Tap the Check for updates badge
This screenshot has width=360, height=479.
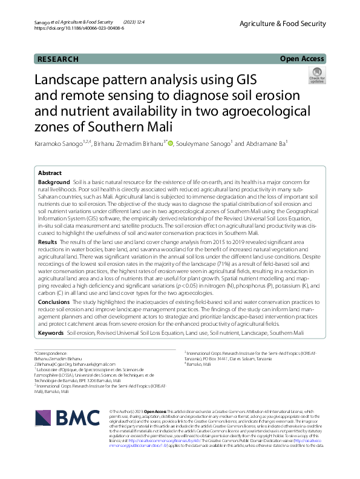click(316, 75)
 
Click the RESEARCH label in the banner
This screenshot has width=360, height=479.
click(58, 59)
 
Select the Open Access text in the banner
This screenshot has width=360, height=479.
click(302, 59)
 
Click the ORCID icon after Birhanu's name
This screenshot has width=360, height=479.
click(171, 144)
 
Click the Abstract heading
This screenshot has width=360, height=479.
click(50, 173)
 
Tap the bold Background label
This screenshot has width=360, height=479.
click(54, 182)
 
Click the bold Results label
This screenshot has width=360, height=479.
click(48, 242)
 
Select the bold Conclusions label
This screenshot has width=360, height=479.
click(54, 301)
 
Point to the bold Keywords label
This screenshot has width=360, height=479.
click(51, 333)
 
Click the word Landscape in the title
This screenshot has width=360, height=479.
click(72, 81)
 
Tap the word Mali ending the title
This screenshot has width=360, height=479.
click(157, 128)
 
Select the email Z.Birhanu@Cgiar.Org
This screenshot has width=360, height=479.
click(58, 363)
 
